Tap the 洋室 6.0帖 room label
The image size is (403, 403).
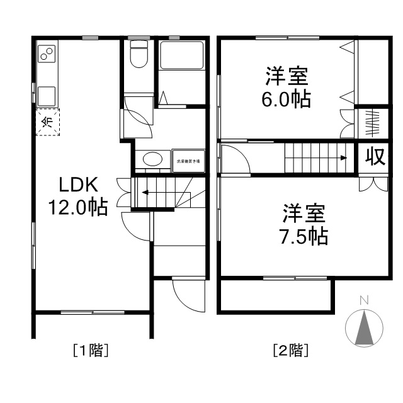[x=286, y=88]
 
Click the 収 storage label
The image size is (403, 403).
[x=375, y=157]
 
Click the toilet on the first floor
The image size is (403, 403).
[x=139, y=54]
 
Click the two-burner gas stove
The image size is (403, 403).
[x=47, y=55]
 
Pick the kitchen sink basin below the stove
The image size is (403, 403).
[x=47, y=96]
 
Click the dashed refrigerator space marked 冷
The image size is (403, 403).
[x=47, y=122]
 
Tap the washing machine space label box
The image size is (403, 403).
[x=188, y=160]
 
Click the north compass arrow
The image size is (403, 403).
[x=364, y=327]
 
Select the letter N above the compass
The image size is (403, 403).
[x=364, y=300]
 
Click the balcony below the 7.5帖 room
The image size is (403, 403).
[x=276, y=295]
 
